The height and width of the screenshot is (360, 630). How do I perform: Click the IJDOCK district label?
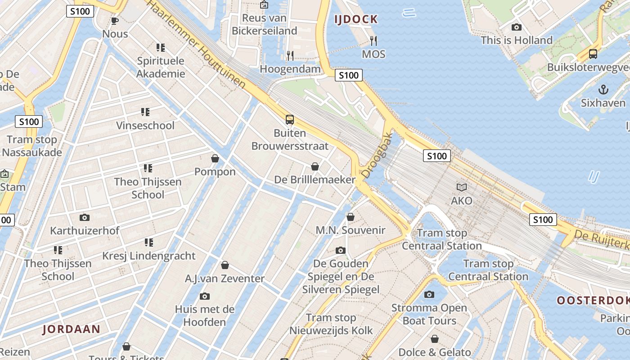(355, 19)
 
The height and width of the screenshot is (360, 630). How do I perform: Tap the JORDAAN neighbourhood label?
(72, 329)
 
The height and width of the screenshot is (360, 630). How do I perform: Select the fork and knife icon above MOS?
(373, 41)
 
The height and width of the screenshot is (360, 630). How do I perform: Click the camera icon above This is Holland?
(517, 27)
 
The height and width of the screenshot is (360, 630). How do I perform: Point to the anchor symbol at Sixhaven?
(603, 89)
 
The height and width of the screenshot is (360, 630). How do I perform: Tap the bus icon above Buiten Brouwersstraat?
(290, 120)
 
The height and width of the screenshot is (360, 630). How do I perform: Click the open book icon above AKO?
(462, 187)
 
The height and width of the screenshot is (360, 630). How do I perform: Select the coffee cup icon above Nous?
(115, 21)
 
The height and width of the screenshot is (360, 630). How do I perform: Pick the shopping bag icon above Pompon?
(215, 158)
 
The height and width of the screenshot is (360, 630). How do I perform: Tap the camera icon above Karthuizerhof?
(84, 218)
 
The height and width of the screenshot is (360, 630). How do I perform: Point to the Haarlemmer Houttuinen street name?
(197, 44)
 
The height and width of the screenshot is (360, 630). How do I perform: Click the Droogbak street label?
(377, 155)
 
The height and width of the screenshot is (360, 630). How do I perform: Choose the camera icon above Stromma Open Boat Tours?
(429, 295)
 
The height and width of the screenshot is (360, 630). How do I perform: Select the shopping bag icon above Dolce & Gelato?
(435, 339)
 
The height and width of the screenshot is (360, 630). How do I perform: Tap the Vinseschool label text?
(145, 126)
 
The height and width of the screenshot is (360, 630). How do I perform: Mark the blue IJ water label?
(594, 177)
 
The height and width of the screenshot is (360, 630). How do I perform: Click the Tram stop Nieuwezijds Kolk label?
(331, 324)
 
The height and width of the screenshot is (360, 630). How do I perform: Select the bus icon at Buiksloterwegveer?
(593, 54)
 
